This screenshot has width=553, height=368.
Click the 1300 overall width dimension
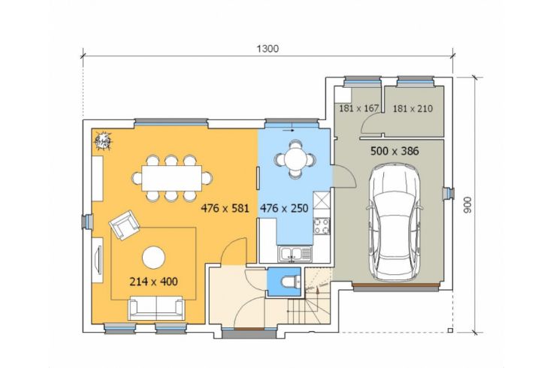267,49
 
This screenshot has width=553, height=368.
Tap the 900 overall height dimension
467,205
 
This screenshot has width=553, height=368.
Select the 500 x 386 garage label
394,151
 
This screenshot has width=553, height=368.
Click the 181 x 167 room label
358,108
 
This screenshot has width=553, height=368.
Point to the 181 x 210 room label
412,108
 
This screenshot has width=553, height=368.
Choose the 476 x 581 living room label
225,208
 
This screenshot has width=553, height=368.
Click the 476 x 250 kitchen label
284,208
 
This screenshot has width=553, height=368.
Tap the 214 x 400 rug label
153,282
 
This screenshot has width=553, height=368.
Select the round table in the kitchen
295,160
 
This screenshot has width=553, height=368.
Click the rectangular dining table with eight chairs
172,178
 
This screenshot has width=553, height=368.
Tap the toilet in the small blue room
291,282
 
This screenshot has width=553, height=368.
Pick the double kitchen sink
295,253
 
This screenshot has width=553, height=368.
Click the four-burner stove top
322,226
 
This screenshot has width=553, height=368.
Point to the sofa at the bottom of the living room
156,308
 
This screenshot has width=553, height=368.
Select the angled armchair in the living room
123,225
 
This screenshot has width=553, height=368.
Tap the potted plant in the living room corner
103,141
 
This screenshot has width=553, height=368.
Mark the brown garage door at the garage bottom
396,284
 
